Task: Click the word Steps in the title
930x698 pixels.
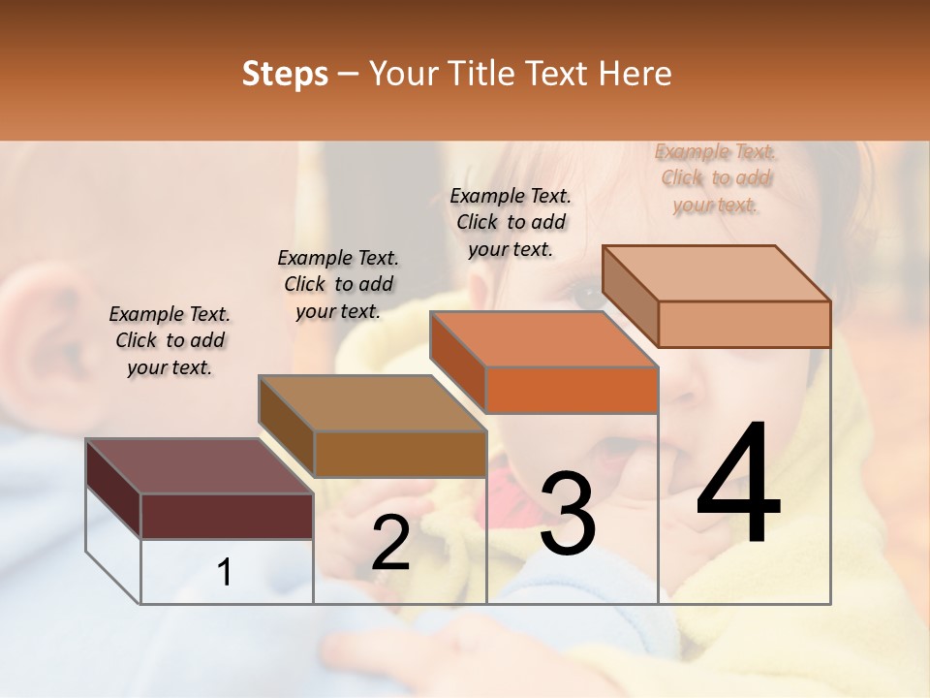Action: click(285, 74)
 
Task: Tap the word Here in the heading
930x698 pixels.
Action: click(635, 74)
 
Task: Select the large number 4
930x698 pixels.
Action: click(739, 485)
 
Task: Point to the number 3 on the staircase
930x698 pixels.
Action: click(567, 514)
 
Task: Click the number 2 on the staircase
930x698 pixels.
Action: click(390, 543)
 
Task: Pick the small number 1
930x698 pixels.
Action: click(225, 573)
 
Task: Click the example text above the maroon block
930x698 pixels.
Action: click(170, 340)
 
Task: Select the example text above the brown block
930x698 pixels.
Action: click(338, 284)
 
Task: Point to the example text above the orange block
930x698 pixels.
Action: click(511, 222)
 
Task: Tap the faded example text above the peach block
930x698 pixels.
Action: click(716, 177)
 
